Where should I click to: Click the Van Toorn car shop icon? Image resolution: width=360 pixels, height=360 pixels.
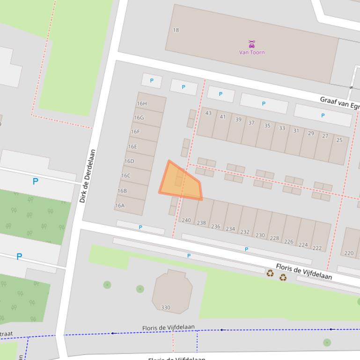point(252,44)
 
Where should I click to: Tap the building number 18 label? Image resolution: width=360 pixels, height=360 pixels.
point(176,30)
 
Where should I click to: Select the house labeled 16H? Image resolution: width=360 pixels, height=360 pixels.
point(141,104)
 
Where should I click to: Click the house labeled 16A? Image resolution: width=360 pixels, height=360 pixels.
point(120,206)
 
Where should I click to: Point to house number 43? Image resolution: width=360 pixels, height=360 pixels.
point(208,113)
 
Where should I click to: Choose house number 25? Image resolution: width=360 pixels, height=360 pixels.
point(339,140)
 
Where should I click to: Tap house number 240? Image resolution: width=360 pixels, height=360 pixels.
point(186,220)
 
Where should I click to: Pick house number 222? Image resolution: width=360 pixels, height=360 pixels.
point(317,248)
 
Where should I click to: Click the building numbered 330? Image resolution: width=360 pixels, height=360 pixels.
point(166,308)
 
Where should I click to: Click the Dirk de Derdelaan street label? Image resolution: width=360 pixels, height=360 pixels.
point(88,176)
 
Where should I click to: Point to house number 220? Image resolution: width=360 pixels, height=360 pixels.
point(349,253)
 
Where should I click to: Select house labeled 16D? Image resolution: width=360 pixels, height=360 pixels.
point(129,161)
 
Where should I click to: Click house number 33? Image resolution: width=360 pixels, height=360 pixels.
point(282,128)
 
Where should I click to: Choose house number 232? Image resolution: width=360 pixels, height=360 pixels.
point(245,232)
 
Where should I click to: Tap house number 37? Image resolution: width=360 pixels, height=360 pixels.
point(251,123)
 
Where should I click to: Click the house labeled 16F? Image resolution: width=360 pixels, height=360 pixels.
point(135,132)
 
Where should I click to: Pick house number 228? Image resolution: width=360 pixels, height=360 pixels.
point(274,238)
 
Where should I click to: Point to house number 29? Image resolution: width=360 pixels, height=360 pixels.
point(311,134)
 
